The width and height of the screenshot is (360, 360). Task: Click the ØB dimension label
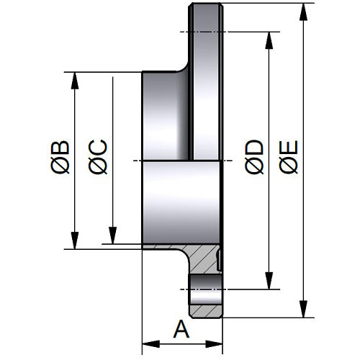click(60, 157)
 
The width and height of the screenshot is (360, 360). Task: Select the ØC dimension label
click(98, 157)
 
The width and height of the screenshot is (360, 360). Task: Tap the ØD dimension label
click(254, 157)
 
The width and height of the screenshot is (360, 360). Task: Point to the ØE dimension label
click(289, 157)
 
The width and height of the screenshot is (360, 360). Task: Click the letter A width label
click(181, 329)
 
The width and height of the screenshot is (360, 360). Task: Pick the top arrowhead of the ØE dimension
click(304, 12)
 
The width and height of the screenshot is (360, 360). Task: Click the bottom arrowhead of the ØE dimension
click(304, 309)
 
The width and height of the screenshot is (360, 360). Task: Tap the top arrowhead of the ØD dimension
click(269, 40)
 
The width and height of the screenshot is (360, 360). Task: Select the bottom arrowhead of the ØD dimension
click(269, 281)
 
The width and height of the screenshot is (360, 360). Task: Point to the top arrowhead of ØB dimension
click(75, 81)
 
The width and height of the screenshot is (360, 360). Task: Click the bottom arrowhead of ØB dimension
click(75, 240)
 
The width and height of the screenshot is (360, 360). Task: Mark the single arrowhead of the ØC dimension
click(112, 235)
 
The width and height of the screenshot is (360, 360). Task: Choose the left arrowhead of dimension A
click(151, 344)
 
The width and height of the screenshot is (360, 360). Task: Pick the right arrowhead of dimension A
click(214, 344)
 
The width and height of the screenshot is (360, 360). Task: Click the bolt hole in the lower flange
click(206, 290)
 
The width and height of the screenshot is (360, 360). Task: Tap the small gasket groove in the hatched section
click(219, 260)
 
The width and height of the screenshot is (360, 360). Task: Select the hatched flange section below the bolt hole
click(207, 311)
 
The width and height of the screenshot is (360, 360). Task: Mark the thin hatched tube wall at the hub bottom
click(160, 247)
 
